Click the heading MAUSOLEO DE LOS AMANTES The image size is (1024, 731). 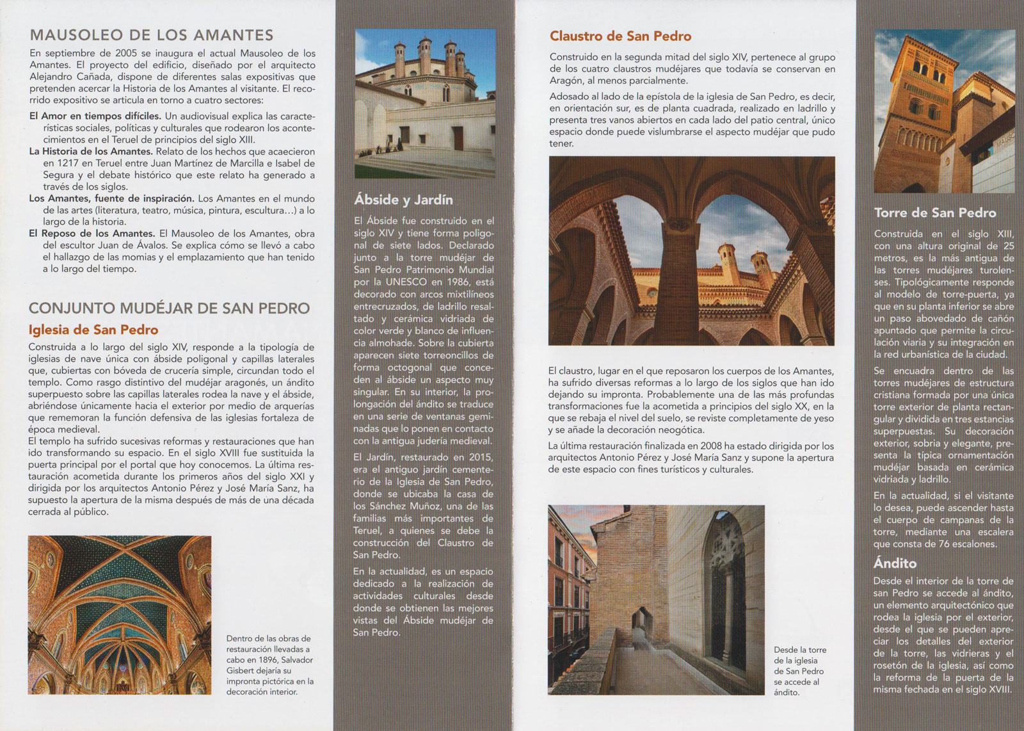point(152,35)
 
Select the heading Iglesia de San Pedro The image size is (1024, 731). point(93,330)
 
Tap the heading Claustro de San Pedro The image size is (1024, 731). point(620,36)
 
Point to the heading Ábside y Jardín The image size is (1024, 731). point(403,200)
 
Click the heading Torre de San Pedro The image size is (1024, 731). point(935,213)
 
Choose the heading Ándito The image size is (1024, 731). point(895,564)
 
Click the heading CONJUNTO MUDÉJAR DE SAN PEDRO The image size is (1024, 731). point(169,309)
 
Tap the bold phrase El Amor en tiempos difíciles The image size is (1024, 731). point(95,116)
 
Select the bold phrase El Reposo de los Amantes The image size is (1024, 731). point(92,234)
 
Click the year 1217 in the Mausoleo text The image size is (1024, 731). point(68,163)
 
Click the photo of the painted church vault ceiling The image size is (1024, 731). point(120,615)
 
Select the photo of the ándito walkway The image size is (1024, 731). point(656,600)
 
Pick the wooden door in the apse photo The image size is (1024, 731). point(458,138)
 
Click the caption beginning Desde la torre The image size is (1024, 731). point(799,671)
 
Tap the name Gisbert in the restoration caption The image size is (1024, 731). point(241,671)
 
